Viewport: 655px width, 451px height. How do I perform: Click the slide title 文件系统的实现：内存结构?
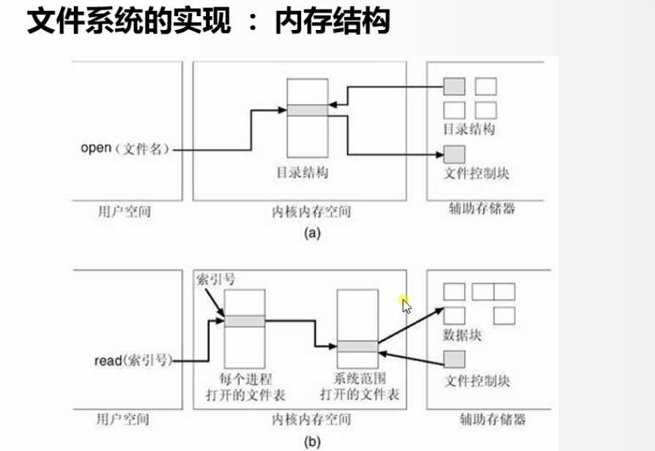click(208, 21)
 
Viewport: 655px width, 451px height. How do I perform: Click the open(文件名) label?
click(125, 148)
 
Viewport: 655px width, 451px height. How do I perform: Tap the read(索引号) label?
click(133, 360)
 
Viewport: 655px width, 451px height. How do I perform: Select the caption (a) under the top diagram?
click(312, 232)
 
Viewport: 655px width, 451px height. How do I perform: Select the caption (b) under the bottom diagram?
click(312, 441)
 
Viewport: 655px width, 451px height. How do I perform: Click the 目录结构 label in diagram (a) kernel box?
click(303, 172)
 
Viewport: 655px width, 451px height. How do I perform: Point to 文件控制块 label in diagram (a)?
click(476, 173)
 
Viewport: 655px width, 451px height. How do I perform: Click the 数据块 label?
click(462, 335)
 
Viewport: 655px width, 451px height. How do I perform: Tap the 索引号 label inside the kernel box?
click(216, 279)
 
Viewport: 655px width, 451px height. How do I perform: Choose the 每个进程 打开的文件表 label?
click(246, 387)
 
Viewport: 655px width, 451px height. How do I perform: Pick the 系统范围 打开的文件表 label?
click(360, 386)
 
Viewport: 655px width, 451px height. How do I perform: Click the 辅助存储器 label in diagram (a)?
click(482, 208)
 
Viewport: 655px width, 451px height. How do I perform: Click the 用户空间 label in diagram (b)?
click(123, 419)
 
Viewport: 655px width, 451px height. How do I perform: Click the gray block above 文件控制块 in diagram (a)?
click(454, 154)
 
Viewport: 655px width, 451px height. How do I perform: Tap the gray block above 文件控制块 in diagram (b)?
click(454, 359)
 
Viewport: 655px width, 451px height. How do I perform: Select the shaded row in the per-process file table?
click(245, 321)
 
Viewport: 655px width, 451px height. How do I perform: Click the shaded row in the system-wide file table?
click(357, 346)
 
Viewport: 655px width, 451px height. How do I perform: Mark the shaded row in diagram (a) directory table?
click(308, 110)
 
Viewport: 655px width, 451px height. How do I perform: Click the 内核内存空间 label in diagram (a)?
click(311, 212)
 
